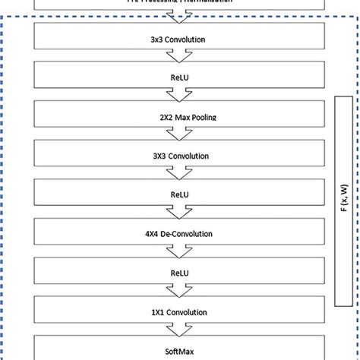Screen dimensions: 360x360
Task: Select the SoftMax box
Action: (x=180, y=349)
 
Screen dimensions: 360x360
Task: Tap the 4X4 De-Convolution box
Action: (x=180, y=232)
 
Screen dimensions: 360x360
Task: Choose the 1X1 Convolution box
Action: (x=180, y=311)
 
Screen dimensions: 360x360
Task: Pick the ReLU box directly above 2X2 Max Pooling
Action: (x=180, y=77)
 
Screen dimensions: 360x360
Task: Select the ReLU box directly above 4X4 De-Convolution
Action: (x=180, y=194)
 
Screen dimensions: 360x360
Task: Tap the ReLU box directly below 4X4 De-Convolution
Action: (x=180, y=271)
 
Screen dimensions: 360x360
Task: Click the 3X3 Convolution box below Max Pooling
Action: (x=180, y=155)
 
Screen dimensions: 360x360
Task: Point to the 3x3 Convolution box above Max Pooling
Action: (x=180, y=38)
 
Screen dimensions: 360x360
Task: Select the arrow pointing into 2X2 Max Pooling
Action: (x=180, y=96)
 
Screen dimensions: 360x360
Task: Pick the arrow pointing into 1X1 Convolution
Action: (x=180, y=291)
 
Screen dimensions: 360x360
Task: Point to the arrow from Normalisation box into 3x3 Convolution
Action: (x=180, y=17)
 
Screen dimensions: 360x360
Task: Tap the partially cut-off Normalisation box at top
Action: (x=180, y=4)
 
